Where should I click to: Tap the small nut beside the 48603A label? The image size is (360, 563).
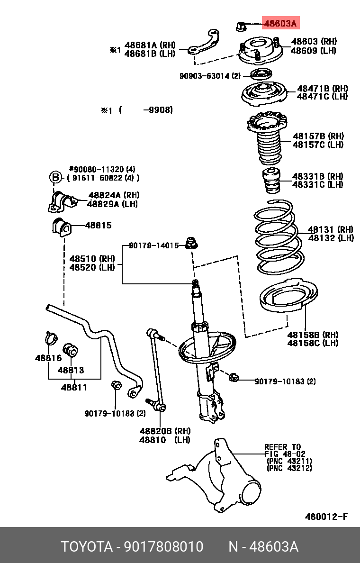(240, 25)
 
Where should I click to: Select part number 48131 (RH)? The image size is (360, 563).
(331, 229)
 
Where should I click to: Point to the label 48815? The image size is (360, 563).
(99, 225)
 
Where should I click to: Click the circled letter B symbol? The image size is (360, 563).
(56, 178)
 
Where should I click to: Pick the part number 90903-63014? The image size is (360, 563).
(210, 76)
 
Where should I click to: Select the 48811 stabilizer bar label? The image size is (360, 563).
(74, 388)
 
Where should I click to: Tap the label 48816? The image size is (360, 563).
(48, 358)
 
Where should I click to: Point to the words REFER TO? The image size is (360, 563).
(282, 447)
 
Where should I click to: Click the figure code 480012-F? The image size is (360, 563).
(326, 517)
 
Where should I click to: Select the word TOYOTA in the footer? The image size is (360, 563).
(86, 547)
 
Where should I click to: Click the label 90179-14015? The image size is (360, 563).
(154, 245)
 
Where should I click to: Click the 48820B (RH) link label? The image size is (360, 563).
(165, 431)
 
